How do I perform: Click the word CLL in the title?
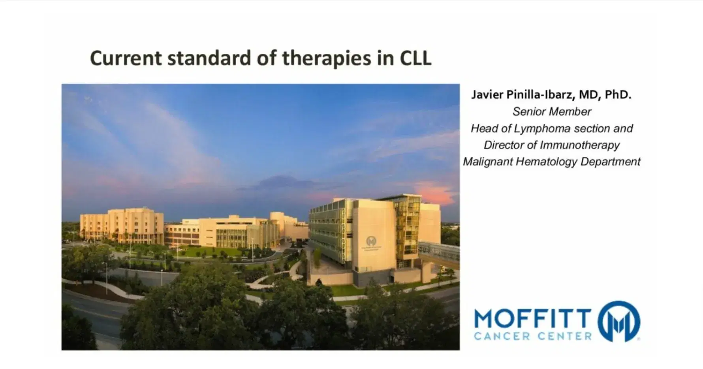click(415, 58)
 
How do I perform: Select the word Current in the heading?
click(126, 58)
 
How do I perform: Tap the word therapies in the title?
click(326, 59)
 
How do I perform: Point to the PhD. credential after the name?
click(618, 95)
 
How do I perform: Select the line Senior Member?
click(551, 112)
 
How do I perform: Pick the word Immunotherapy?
click(579, 145)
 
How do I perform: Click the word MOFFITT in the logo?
click(532, 319)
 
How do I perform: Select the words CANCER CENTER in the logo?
click(532, 337)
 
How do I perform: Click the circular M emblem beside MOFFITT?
click(618, 321)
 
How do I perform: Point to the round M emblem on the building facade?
click(371, 241)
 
